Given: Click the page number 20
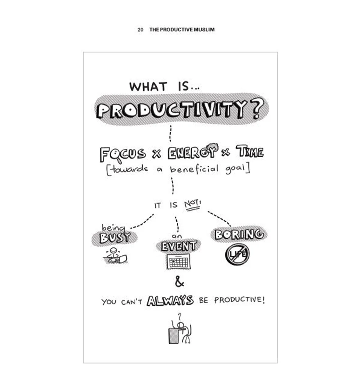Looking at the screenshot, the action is pyautogui.click(x=140, y=29).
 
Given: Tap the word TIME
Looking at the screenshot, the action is pyautogui.click(x=250, y=151).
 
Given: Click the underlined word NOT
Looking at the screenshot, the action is pyautogui.click(x=192, y=204).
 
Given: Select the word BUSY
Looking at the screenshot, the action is pyautogui.click(x=115, y=237).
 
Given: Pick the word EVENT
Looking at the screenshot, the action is pyautogui.click(x=179, y=246).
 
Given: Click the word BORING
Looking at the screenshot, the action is pyautogui.click(x=239, y=234).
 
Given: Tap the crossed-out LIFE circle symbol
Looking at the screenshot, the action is pyautogui.click(x=237, y=254).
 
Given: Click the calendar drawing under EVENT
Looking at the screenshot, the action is pyautogui.click(x=178, y=262).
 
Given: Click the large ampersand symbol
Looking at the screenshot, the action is pyautogui.click(x=179, y=282).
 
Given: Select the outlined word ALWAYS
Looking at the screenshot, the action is pyautogui.click(x=170, y=300).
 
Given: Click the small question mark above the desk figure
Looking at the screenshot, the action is pyautogui.click(x=179, y=316).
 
